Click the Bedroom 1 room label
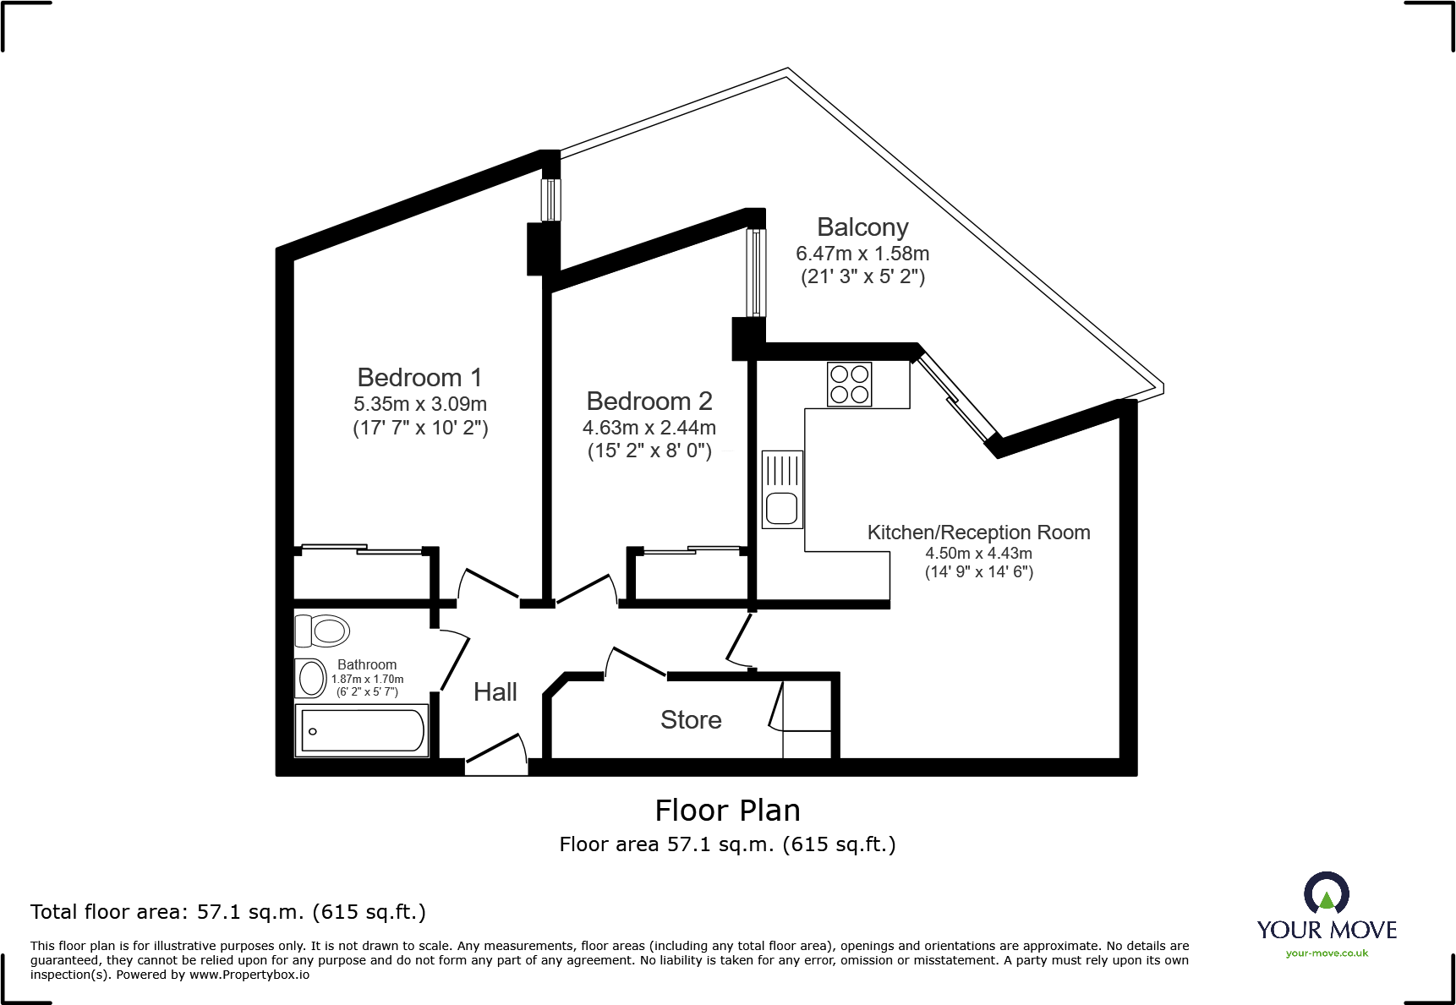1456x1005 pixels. click(419, 378)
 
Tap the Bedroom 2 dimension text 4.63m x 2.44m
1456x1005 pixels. click(649, 428)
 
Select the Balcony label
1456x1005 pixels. click(862, 227)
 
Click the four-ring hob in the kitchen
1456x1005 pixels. click(849, 385)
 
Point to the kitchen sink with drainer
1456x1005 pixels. click(782, 489)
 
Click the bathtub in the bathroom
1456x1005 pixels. click(362, 731)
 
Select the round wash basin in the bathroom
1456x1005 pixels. click(311, 678)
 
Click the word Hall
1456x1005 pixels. click(495, 692)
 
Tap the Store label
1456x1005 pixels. click(691, 720)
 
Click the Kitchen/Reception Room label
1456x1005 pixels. click(978, 533)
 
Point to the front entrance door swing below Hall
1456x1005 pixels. click(498, 751)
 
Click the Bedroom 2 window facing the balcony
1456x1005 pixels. click(756, 272)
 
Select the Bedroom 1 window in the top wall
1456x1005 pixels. click(550, 199)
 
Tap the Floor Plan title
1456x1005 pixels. click(727, 811)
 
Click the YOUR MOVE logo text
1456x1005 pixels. click(1326, 930)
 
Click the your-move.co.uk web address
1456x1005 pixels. click(1326, 953)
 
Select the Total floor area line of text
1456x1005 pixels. click(228, 912)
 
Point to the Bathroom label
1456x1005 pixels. click(367, 665)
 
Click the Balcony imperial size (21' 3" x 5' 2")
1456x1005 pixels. click(862, 277)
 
